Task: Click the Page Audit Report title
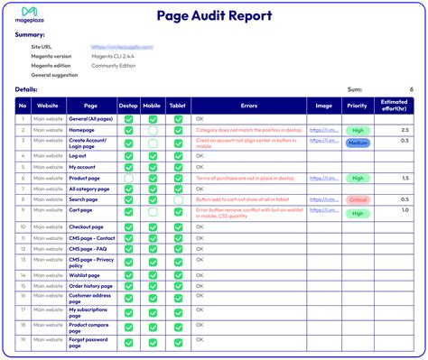[214, 14]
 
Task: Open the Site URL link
[121, 46]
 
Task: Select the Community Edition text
[119, 65]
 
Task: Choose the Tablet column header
[178, 104]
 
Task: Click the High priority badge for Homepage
[358, 130]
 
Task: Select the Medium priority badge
[358, 142]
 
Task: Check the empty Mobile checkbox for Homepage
[154, 130]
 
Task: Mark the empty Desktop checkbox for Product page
[129, 178]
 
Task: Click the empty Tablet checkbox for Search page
[178, 200]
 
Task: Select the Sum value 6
[411, 89]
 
